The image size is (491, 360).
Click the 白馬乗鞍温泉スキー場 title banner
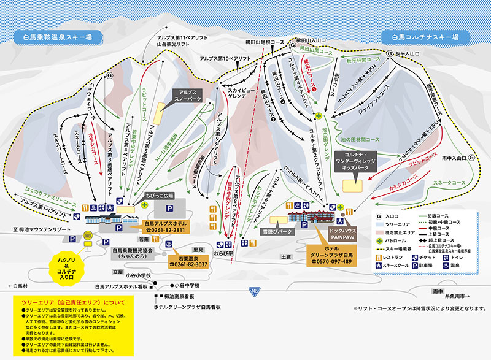point(53,37)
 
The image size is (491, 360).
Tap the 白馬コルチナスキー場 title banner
point(422,37)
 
